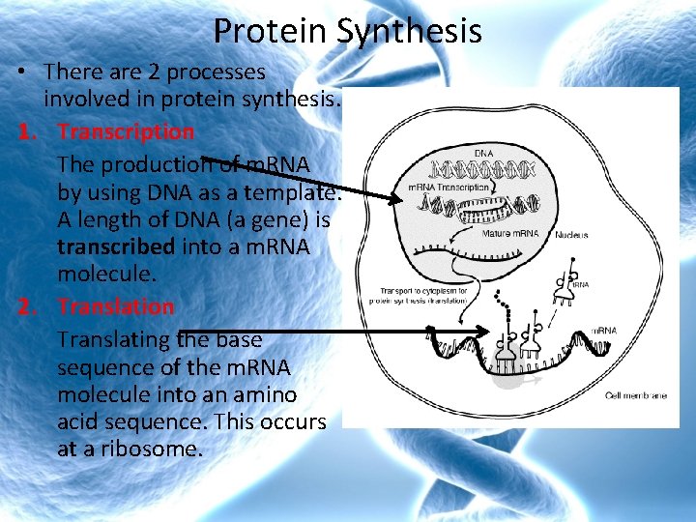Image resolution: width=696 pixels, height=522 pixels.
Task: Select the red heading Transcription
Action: tap(126, 130)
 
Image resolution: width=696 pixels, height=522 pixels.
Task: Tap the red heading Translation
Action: tap(116, 306)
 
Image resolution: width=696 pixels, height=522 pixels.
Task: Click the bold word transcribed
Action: tap(116, 246)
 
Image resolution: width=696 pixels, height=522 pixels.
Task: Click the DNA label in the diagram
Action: tap(484, 153)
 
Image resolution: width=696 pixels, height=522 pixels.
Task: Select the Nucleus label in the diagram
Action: tap(572, 235)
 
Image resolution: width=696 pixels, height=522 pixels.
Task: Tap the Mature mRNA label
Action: tap(510, 233)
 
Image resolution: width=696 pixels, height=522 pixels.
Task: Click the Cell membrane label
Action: tap(636, 395)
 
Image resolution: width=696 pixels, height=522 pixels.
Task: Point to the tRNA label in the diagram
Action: tap(580, 285)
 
